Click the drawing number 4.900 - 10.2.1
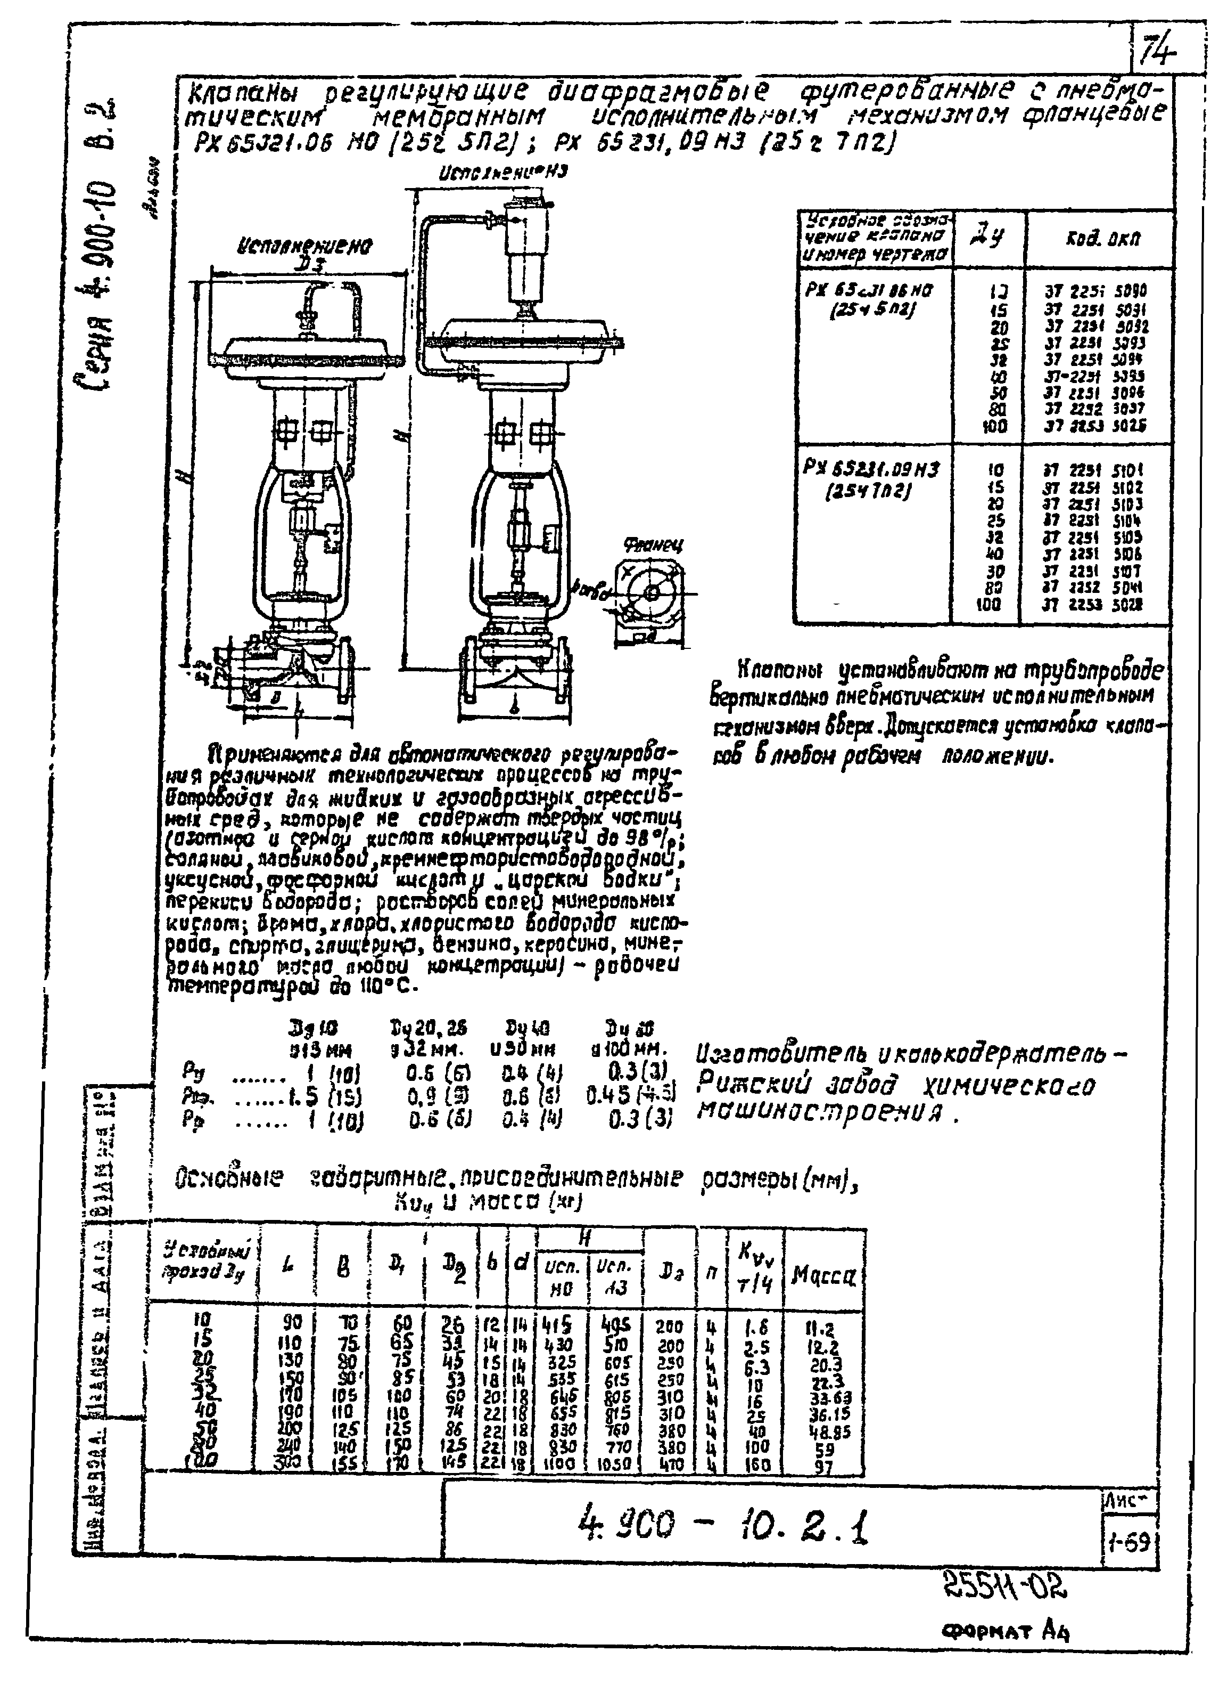pos(724,1526)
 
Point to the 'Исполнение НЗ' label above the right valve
pos(504,173)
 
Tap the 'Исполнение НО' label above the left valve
pos(305,246)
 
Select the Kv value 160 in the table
pos(757,1465)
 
